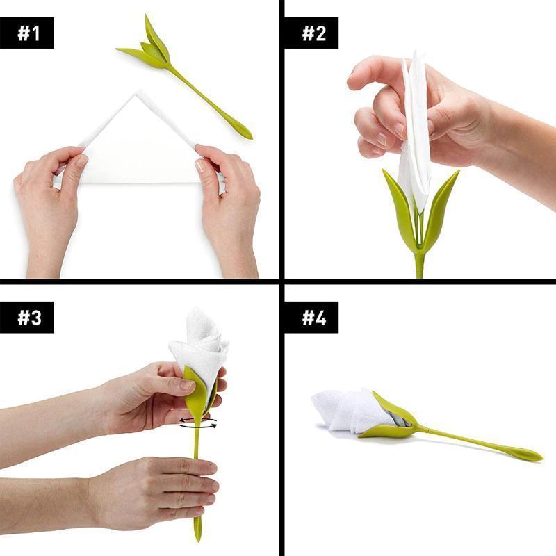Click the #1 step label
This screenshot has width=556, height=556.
pyautogui.click(x=27, y=33)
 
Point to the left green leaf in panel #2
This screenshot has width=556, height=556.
pyautogui.click(x=400, y=208)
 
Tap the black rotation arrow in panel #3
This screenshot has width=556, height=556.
pyautogui.click(x=197, y=423)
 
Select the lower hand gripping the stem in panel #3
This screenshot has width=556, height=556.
pyautogui.click(x=160, y=490)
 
